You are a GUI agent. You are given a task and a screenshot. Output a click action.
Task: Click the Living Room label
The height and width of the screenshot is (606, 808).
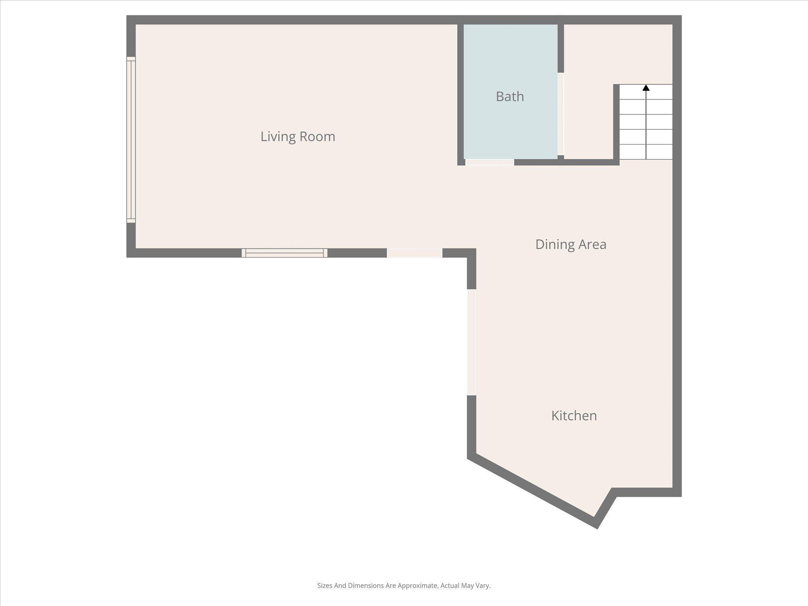click(x=297, y=137)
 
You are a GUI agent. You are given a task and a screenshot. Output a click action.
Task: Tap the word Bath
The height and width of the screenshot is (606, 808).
click(x=510, y=97)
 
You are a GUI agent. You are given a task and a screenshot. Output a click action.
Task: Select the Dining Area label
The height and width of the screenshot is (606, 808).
click(x=570, y=244)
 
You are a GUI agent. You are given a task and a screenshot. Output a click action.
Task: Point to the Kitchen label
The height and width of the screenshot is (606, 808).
click(x=574, y=415)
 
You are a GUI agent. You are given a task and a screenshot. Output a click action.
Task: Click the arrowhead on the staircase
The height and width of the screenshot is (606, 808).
click(x=646, y=88)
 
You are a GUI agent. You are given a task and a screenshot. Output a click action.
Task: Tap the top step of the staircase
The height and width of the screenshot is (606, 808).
click(x=646, y=92)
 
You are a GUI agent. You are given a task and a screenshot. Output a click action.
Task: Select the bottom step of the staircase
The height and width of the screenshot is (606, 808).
click(x=646, y=152)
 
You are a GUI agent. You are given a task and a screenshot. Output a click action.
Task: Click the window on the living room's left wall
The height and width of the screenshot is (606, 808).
click(x=131, y=140)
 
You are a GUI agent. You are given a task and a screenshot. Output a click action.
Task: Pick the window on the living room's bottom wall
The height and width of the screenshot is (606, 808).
click(x=284, y=253)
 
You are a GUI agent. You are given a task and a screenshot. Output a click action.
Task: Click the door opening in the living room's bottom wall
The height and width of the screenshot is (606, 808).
click(x=414, y=253)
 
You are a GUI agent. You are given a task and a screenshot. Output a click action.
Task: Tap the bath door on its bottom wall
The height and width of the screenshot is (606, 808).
click(x=490, y=162)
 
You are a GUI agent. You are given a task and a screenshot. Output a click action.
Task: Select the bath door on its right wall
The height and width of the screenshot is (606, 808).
click(x=561, y=114)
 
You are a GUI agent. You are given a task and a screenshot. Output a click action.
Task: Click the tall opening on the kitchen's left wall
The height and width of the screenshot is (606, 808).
click(x=471, y=342)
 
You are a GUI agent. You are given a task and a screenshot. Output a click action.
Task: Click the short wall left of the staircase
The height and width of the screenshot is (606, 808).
click(x=616, y=122)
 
